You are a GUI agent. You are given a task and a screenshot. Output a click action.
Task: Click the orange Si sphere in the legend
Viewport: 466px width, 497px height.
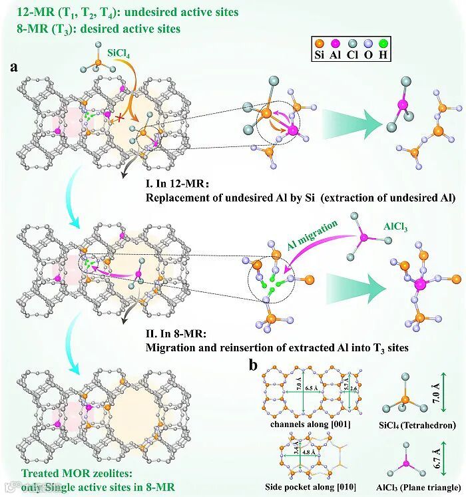[x=322, y=41]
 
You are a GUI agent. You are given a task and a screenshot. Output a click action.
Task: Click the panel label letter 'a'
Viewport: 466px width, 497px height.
[x=14, y=67]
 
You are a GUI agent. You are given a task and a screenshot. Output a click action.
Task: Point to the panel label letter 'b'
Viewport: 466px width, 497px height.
[x=254, y=365]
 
